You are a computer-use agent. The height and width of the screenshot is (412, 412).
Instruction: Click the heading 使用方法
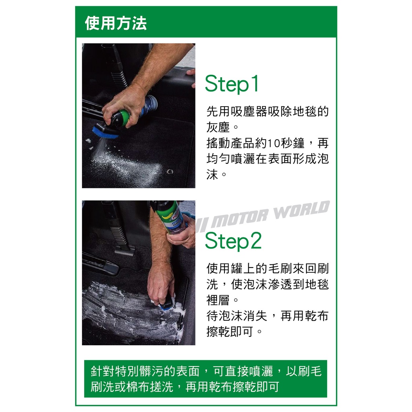[x=115, y=23]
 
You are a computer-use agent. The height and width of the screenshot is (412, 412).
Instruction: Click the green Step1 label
[x=232, y=84]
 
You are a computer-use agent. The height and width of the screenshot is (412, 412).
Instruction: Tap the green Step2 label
[x=233, y=241]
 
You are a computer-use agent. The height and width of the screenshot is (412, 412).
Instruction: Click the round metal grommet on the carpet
[x=170, y=171]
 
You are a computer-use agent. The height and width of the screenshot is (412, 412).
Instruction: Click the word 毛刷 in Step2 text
[x=280, y=268]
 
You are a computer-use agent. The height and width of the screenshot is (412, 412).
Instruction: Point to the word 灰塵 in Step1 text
[x=218, y=127]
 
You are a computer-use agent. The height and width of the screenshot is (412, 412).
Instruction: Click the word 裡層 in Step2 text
[x=218, y=300]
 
